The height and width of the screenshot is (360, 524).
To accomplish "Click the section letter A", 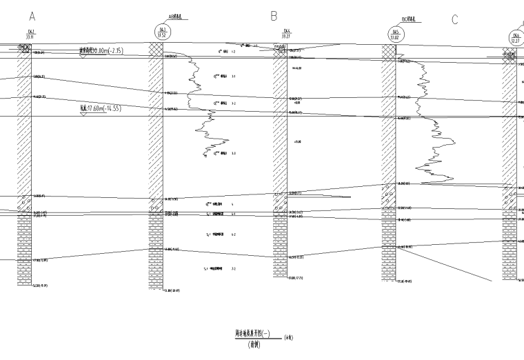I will [x=32, y=15].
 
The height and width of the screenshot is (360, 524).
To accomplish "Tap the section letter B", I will [x=274, y=15].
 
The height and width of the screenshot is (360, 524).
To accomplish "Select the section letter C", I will [x=455, y=19].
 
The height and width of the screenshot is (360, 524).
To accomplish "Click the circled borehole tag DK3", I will [x=163, y=32].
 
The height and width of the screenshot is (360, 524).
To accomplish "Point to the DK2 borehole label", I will [x=30, y=34].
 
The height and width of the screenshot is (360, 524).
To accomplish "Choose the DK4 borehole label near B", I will [x=286, y=33].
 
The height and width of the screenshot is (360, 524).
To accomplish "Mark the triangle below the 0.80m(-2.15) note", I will [x=83, y=56].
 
